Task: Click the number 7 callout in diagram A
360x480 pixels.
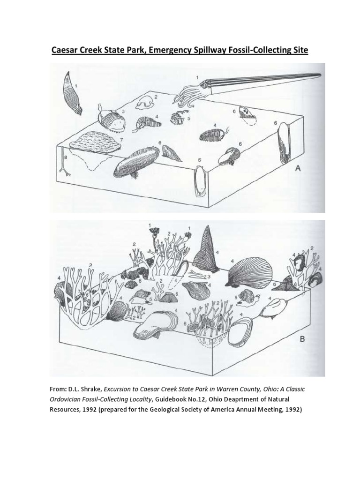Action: [122, 140]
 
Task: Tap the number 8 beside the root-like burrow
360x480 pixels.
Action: [66, 158]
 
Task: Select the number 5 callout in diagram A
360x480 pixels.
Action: [188, 119]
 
